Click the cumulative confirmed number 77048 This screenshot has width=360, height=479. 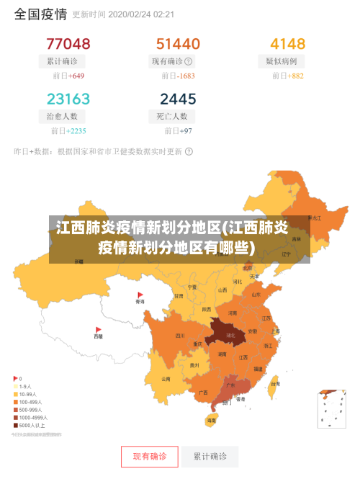coord(68,44)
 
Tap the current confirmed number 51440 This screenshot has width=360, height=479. coord(178,44)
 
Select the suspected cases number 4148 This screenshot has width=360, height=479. coord(287,44)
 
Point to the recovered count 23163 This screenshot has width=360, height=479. coord(68,99)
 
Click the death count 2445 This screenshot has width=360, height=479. coord(178,99)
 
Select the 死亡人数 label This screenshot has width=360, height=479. coord(172,116)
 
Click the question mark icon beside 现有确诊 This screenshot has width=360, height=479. coord(189,61)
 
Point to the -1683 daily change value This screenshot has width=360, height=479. coord(186,76)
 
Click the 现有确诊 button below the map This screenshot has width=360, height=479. coord(149,456)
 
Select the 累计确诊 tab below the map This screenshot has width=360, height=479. coord(210,456)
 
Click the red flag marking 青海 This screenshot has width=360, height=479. coord(140,295)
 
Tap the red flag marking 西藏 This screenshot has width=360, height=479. coord(98,329)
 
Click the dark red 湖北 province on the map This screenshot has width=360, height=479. coord(228,333)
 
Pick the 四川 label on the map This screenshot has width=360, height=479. coord(179,336)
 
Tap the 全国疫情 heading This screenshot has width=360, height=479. coord(40,14)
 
